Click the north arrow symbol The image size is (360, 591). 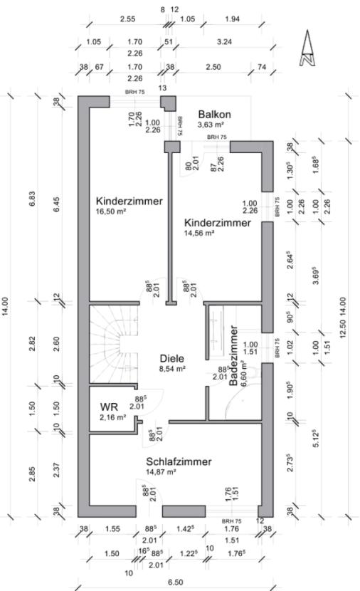pos(308,49)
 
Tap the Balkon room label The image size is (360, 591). pos(214,114)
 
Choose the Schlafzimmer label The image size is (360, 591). pos(179,461)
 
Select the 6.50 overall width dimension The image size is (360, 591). pos(174,582)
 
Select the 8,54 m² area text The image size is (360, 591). pos(171,370)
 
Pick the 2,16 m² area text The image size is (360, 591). pos(113,417)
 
